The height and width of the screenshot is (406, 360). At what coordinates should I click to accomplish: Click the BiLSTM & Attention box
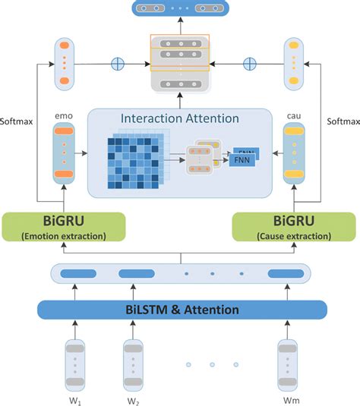(182, 310)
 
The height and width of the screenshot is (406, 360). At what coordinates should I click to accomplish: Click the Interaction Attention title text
(180, 120)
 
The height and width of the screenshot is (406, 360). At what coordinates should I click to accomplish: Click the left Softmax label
(17, 120)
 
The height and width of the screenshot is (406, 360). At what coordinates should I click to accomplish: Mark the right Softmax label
(342, 120)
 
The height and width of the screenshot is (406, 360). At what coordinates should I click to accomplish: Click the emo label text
(64, 117)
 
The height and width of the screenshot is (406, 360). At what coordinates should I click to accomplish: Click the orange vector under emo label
(64, 155)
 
